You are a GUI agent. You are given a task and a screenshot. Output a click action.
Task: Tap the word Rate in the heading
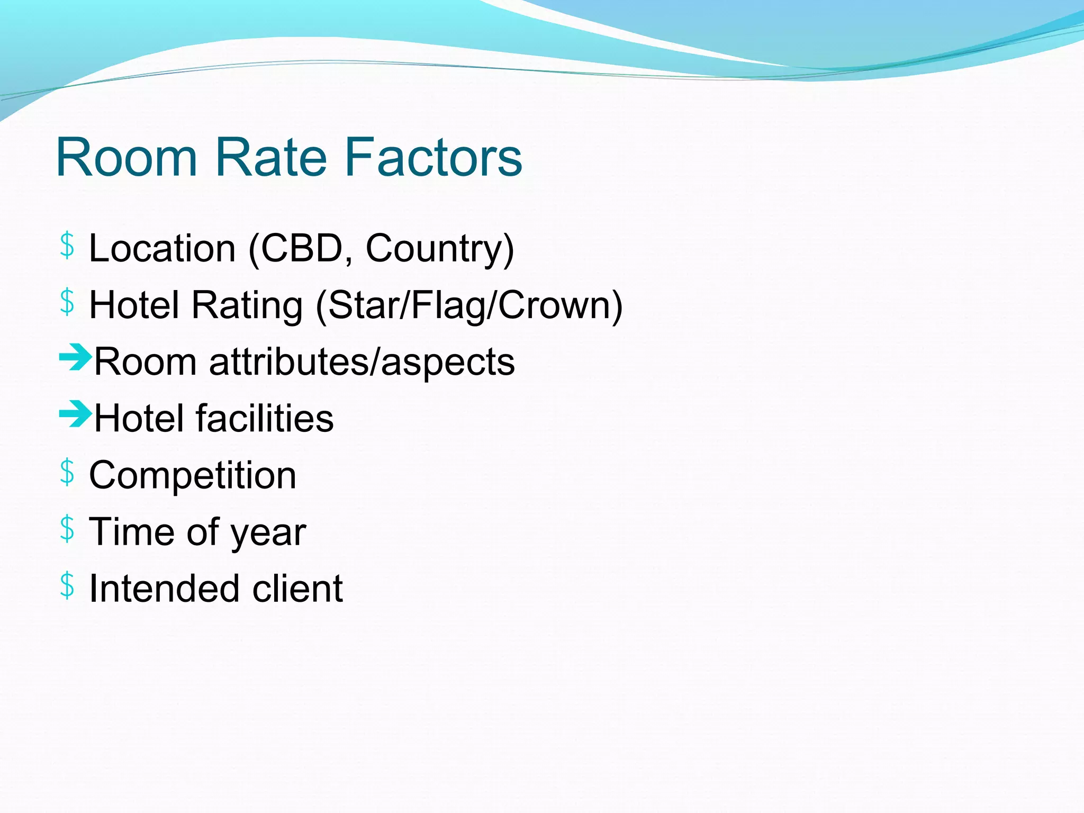coord(270,157)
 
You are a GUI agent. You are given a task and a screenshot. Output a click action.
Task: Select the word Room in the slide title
coord(127,157)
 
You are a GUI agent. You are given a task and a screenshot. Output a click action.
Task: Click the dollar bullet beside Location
coord(67,246)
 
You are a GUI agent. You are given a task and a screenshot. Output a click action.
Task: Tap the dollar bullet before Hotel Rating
coord(67,302)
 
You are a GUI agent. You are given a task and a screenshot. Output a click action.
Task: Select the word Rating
coord(247,305)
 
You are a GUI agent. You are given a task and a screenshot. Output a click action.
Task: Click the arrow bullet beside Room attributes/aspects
coord(75,357)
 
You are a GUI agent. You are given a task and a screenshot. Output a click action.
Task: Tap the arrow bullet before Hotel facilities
coord(75,414)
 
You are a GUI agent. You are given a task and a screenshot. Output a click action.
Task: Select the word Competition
coord(193,475)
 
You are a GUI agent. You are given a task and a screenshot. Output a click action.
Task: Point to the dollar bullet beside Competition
coord(67,472)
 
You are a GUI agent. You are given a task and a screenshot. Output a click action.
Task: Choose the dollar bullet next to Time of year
coord(67,529)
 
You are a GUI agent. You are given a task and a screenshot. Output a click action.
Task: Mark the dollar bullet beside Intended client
coord(67,585)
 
